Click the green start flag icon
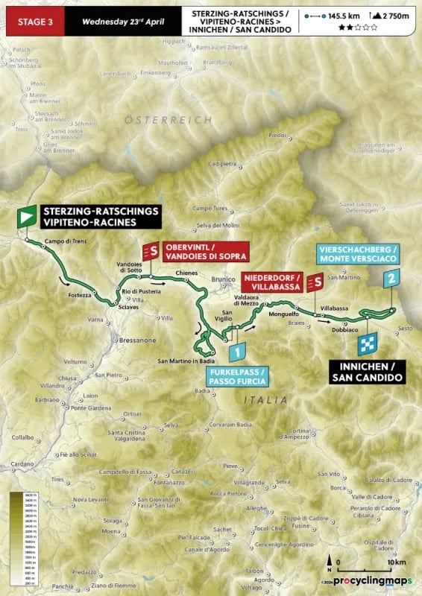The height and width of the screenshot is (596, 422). (x=26, y=217)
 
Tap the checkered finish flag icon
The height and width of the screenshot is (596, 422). (x=368, y=343)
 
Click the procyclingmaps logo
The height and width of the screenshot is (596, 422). (x=372, y=580)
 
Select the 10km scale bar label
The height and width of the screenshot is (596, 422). (x=397, y=562)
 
